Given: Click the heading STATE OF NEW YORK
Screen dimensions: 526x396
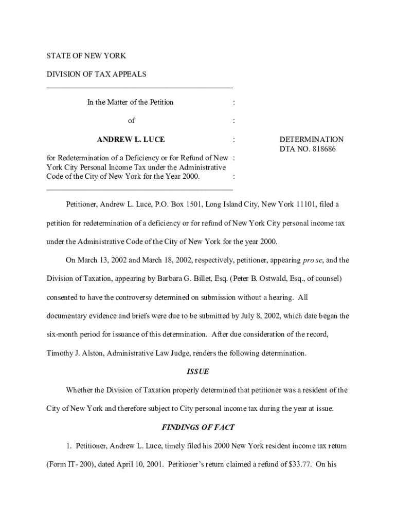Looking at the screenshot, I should pyautogui.click(x=86, y=55).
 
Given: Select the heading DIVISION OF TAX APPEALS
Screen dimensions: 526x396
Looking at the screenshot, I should pyautogui.click(x=97, y=74).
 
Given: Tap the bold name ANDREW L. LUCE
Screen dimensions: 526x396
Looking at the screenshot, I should pyautogui.click(x=131, y=139).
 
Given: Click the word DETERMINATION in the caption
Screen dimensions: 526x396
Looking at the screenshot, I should pyautogui.click(x=311, y=139).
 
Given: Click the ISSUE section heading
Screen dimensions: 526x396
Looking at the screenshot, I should pyautogui.click(x=197, y=371).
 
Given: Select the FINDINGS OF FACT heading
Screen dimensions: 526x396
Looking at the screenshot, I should pyautogui.click(x=198, y=427).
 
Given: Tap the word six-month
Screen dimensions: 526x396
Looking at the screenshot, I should pyautogui.click(x=64, y=334).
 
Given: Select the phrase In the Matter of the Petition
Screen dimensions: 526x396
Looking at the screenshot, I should pyautogui.click(x=130, y=102).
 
